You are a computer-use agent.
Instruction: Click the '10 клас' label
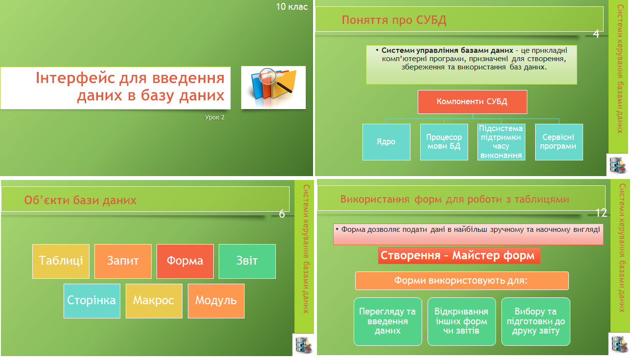(x=292, y=7)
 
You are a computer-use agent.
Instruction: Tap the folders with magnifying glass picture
(x=273, y=88)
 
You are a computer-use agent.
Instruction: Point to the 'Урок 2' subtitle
(x=214, y=117)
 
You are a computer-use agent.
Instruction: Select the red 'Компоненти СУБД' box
(x=473, y=102)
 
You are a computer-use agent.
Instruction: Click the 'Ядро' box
(x=386, y=142)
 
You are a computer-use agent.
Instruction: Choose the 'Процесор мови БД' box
(x=444, y=142)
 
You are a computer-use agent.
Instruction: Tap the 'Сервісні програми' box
(x=559, y=142)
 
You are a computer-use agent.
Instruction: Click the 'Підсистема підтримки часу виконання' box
(x=501, y=142)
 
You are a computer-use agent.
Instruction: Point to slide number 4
(x=596, y=34)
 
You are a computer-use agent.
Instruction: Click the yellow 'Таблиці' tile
(x=61, y=261)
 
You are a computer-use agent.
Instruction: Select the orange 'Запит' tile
(x=123, y=261)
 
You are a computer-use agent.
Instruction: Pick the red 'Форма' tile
(x=185, y=261)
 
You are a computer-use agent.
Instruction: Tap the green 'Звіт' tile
(x=247, y=261)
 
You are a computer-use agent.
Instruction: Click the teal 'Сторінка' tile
(x=92, y=301)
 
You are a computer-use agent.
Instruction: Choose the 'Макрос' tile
(x=154, y=301)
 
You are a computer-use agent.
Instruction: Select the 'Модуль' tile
(x=216, y=301)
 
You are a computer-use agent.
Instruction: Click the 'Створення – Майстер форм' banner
(x=459, y=256)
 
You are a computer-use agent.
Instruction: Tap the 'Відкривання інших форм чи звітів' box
(x=462, y=321)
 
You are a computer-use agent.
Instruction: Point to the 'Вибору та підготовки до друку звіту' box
(x=536, y=321)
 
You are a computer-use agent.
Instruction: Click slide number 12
(x=601, y=213)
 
